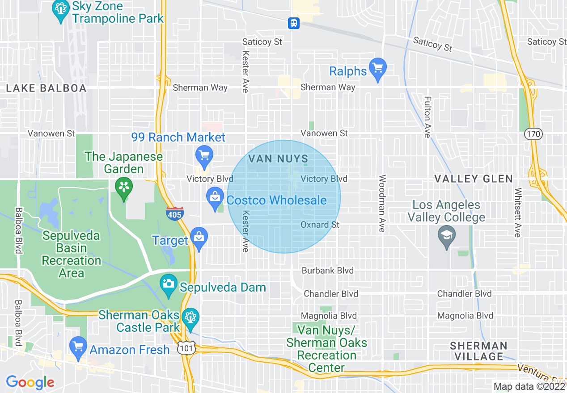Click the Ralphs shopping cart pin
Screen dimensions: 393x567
coord(378,69)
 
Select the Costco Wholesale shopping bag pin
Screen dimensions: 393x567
coord(215,196)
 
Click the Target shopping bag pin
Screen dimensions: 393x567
coord(199,238)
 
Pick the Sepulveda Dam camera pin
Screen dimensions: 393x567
coord(169,284)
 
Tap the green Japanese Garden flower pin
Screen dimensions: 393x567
coord(124,187)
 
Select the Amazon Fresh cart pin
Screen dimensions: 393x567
coord(78,347)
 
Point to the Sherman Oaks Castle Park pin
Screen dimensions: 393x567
coord(190,318)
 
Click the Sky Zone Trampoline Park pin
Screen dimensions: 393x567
coord(60,9)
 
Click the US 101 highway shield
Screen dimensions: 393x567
coord(185,348)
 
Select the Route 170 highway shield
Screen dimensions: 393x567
coord(534,133)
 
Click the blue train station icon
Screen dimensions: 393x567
coord(294,23)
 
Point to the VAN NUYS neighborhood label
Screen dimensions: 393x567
coord(278,159)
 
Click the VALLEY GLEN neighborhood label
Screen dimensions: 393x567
coord(474,179)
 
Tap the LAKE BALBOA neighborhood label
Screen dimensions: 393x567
coord(47,88)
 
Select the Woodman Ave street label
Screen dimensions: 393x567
coord(382,204)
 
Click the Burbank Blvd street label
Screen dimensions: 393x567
coord(327,271)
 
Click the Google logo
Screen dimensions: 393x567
coord(30,382)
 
